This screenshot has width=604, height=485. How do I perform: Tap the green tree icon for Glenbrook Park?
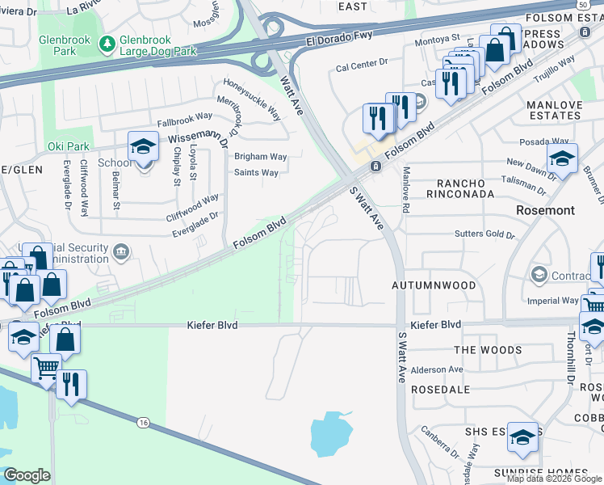[106, 43]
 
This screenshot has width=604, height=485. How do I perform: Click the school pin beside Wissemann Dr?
[143, 148]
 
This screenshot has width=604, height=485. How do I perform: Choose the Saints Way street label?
[256, 172]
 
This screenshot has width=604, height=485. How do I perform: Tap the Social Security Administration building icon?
[121, 251]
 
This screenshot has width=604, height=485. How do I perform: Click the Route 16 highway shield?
[143, 422]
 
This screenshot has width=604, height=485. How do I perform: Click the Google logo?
[27, 475]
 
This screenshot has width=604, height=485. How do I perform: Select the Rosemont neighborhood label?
[545, 210]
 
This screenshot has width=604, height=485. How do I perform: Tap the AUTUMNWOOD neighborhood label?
[433, 285]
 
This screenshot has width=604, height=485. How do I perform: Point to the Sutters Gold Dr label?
[486, 235]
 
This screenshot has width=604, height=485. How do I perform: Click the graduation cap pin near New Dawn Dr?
[562, 159]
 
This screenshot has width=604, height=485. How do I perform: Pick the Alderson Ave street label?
[437, 369]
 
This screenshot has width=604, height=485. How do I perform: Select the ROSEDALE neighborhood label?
[440, 389]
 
